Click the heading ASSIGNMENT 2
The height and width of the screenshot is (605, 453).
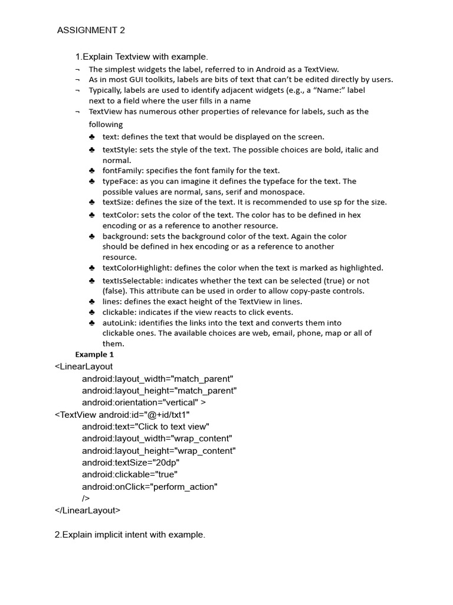91,31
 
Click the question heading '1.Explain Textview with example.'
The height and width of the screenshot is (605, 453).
141,57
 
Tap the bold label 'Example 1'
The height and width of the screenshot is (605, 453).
94,354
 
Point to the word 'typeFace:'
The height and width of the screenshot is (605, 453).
120,181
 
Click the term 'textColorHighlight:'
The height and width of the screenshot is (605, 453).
137,268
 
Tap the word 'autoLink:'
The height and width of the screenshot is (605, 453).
119,323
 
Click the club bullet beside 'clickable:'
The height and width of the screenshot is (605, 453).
92,313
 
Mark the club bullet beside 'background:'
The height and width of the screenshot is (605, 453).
92,236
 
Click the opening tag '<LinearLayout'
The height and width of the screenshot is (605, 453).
84,366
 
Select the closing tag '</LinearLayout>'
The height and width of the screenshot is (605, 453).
87,510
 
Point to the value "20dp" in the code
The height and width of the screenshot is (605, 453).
165,463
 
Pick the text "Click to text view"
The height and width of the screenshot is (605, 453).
172,427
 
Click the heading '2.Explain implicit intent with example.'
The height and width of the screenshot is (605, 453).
130,535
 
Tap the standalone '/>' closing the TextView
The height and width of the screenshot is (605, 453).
86,498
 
